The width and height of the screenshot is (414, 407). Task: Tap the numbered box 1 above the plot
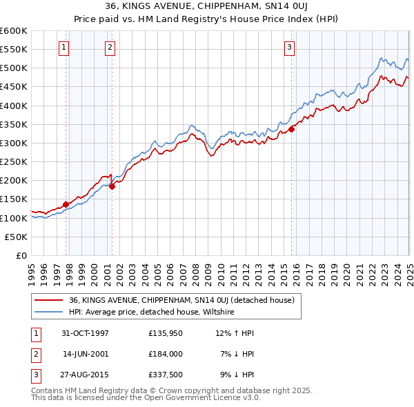[x=63, y=48]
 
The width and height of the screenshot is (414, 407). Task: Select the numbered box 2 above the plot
[x=110, y=48]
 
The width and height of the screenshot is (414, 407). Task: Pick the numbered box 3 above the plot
[x=289, y=48]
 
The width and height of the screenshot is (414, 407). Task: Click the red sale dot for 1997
[x=66, y=204]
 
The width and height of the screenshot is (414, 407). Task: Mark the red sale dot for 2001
[x=112, y=186]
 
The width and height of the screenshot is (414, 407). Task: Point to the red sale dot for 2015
[x=292, y=128]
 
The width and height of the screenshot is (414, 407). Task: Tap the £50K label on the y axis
[x=17, y=237]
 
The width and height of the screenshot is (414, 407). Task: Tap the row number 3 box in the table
[x=35, y=375]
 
